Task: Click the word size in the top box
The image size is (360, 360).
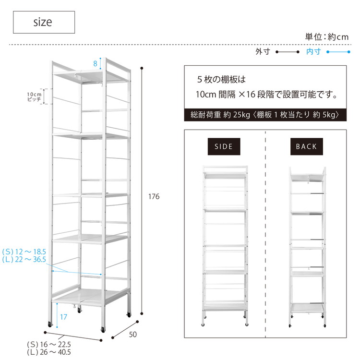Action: (x=43, y=22)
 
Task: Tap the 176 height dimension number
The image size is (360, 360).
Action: (x=154, y=196)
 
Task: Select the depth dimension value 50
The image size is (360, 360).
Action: (x=132, y=335)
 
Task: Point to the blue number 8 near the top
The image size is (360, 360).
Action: (x=96, y=63)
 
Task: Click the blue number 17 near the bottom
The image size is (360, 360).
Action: (x=63, y=317)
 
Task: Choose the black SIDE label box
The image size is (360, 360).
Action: (x=224, y=146)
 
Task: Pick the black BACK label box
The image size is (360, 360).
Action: (x=307, y=146)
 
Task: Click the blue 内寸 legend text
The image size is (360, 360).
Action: (x=313, y=52)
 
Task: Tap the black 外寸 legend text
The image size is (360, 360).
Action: (x=263, y=52)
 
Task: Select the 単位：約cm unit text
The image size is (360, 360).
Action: (x=327, y=37)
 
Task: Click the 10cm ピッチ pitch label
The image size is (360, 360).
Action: (x=34, y=96)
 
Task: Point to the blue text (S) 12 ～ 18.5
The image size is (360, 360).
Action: (x=24, y=252)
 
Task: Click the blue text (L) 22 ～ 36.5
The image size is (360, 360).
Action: (x=24, y=259)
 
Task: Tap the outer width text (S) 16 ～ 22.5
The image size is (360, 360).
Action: (x=49, y=344)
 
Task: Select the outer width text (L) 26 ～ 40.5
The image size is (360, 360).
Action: (x=49, y=352)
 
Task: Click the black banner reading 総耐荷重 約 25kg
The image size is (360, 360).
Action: (x=265, y=115)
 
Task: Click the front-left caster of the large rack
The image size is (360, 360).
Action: (x=50, y=324)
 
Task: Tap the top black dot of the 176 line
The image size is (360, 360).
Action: (x=142, y=68)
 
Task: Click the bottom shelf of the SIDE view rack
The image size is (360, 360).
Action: (x=225, y=306)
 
